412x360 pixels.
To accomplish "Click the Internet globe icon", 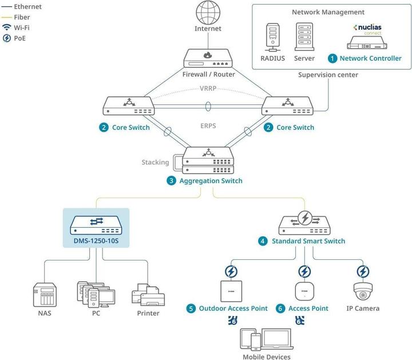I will click(x=208, y=13).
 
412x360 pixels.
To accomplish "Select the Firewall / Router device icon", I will click(x=208, y=58).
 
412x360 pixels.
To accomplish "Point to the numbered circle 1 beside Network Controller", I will click(x=332, y=58).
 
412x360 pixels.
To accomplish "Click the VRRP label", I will click(x=208, y=89).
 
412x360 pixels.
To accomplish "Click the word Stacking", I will click(x=155, y=162).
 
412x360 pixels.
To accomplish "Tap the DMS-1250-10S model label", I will click(x=96, y=240).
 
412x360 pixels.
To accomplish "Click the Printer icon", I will click(x=148, y=294).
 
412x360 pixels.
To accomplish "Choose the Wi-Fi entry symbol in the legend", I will click(x=6, y=27).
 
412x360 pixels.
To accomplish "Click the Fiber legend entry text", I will click(x=22, y=17).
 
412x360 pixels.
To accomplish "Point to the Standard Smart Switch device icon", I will click(x=304, y=221).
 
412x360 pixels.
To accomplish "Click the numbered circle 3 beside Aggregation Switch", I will click(x=171, y=181).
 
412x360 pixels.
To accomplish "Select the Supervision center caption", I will click(x=328, y=75).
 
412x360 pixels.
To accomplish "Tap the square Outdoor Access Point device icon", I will click(x=232, y=291).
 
